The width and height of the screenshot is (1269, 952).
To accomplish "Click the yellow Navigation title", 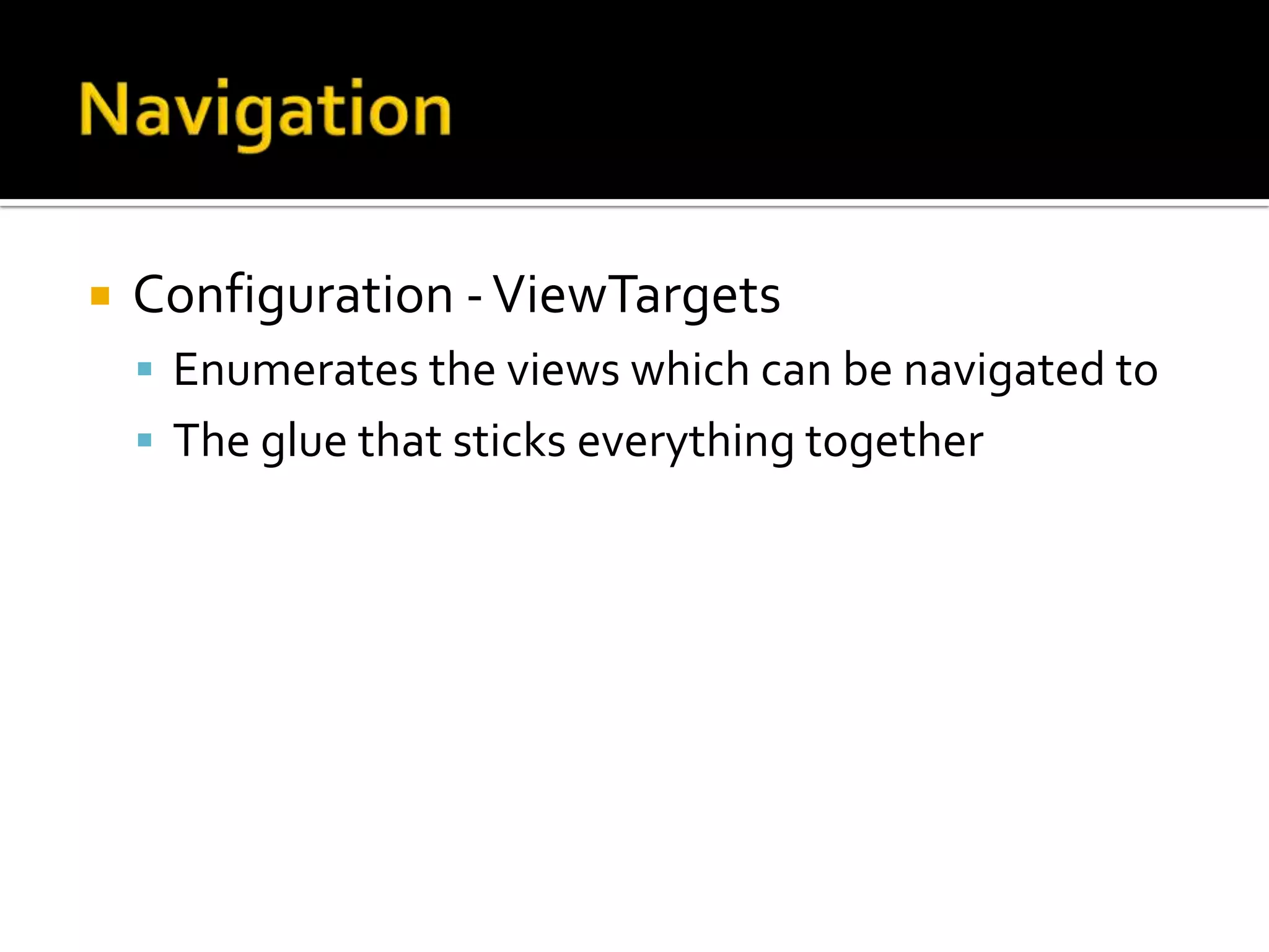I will click(265, 112).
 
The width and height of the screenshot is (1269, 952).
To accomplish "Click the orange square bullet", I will click(100, 296).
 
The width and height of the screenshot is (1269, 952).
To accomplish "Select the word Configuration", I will click(293, 296).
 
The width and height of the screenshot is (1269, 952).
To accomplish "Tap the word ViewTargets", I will click(636, 296).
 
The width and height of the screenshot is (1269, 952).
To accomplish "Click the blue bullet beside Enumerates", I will click(145, 370).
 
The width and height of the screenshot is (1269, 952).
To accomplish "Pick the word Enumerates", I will click(296, 370).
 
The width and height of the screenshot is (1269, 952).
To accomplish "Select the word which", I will click(690, 370).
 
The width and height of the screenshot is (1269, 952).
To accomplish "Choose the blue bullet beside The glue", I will click(145, 441).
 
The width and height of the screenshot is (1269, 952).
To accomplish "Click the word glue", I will click(304, 442).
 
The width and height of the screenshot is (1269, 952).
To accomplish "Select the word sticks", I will click(509, 441).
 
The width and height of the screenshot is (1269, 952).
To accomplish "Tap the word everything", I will click(685, 442).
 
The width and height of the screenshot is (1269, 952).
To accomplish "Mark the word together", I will click(894, 442).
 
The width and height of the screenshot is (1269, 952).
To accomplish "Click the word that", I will click(400, 441).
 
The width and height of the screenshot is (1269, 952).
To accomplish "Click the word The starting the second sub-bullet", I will click(211, 441).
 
